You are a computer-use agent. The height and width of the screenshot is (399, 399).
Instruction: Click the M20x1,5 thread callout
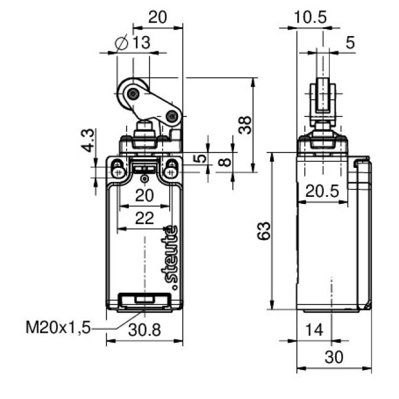click(58, 327)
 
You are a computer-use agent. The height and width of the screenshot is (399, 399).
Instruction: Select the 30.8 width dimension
click(144, 330)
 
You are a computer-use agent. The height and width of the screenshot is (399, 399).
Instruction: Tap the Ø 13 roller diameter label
click(132, 42)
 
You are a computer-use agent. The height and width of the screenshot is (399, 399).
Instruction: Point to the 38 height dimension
click(245, 125)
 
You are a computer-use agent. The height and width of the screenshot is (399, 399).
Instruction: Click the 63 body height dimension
click(264, 231)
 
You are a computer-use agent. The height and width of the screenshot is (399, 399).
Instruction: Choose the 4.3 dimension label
click(88, 140)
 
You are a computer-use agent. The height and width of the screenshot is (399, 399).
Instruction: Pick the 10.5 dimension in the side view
click(310, 18)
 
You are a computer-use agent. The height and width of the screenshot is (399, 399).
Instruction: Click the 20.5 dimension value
click(322, 191)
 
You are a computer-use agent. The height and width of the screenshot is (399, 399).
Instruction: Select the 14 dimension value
click(314, 330)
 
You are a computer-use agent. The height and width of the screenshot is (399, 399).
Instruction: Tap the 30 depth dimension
click(334, 357)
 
